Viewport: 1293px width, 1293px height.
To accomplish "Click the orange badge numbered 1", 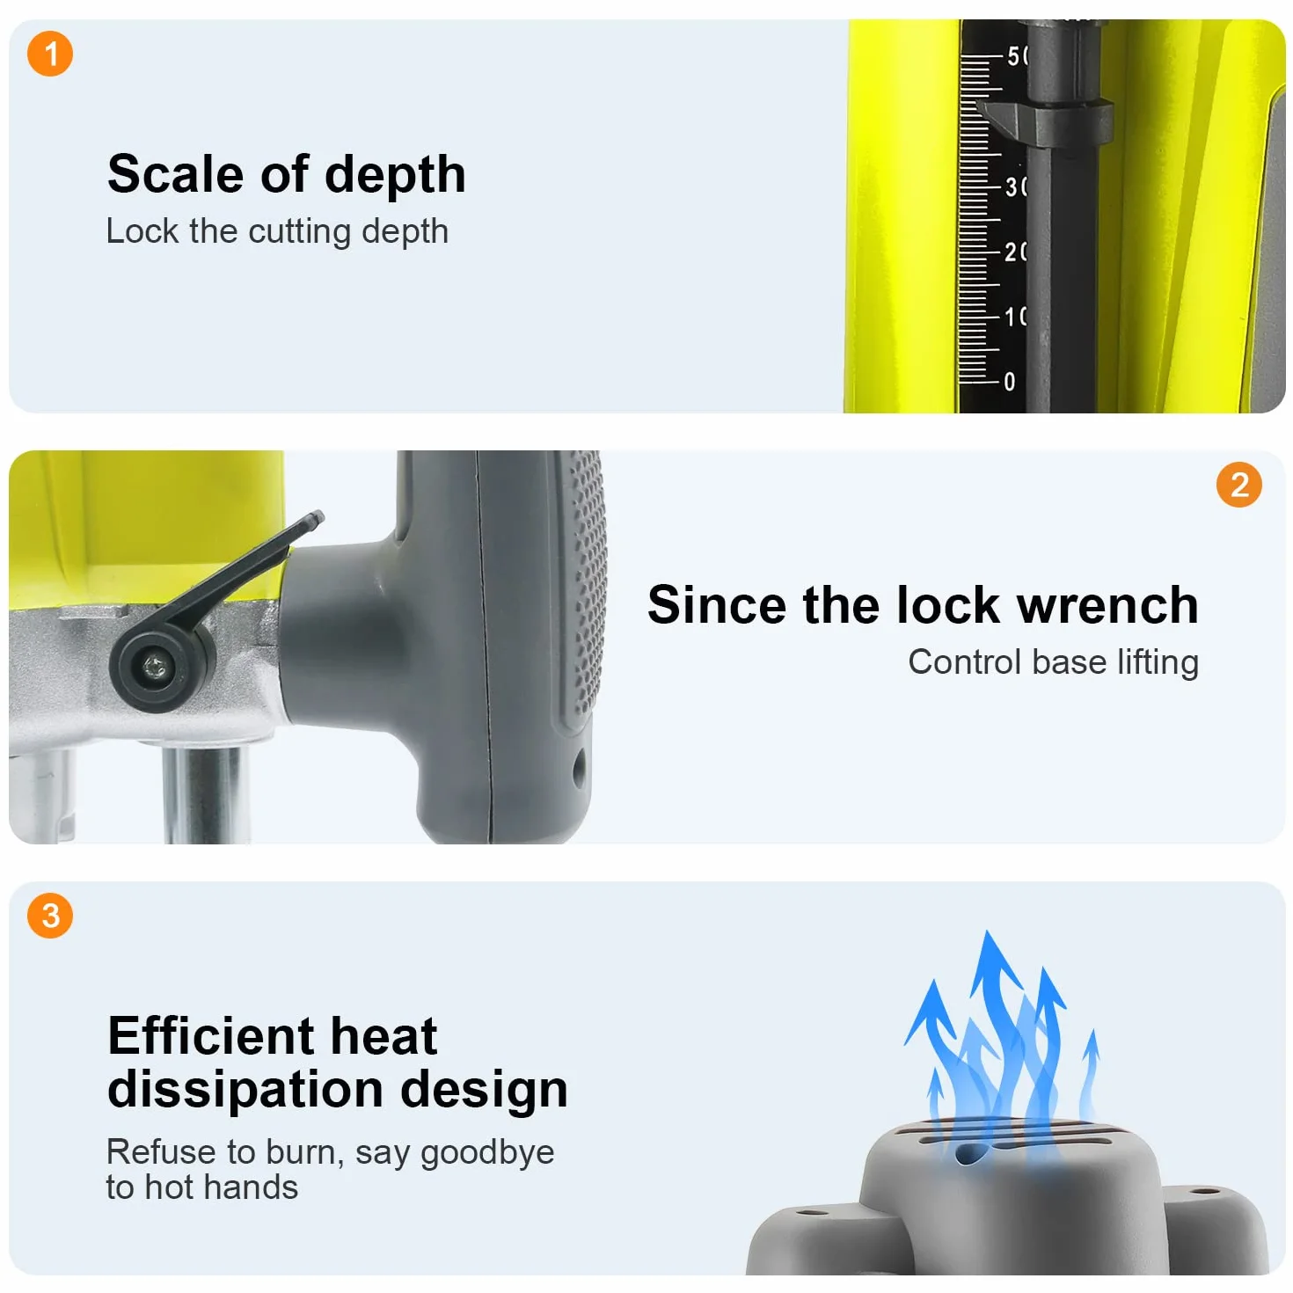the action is point(50,54).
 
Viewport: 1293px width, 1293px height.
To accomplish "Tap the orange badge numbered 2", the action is point(1238,485).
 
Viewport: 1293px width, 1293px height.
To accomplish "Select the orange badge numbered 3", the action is point(50,916).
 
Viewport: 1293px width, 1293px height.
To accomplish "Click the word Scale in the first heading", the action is point(176,174).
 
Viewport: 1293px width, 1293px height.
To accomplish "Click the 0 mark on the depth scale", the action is point(1009,382).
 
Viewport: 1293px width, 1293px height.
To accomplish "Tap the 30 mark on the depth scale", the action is point(1015,186).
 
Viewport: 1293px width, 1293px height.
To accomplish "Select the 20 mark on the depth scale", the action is point(1015,252).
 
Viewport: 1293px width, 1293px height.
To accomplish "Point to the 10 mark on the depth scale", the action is point(1015,316).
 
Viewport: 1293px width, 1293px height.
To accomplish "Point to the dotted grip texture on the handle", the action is point(585,584).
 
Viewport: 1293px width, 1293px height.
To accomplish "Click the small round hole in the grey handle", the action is point(579,768).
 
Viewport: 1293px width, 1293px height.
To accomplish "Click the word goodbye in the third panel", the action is point(487,1153).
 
